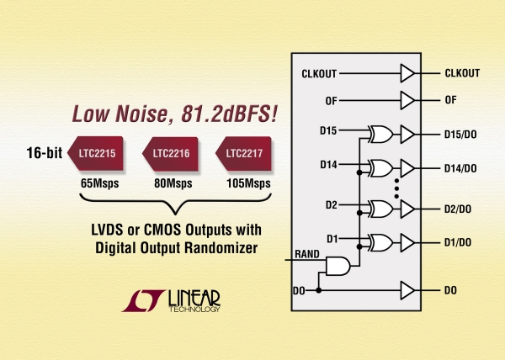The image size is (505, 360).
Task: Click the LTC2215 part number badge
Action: [x=96, y=153]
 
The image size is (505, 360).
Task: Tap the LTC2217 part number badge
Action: [x=243, y=153]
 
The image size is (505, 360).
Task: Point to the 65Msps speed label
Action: [x=98, y=183]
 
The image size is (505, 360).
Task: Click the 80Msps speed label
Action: [x=171, y=183]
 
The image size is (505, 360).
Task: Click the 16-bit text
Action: [x=40, y=153]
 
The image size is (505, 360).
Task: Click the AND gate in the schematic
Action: [x=337, y=265]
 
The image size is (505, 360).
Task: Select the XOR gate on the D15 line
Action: [x=380, y=134]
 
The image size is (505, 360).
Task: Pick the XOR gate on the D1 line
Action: [x=380, y=242]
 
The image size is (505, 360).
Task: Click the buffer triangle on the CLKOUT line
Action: [x=407, y=73]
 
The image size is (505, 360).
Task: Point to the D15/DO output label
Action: [x=463, y=134]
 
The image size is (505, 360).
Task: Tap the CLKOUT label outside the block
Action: [x=462, y=73]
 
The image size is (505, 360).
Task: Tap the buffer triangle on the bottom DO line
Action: [x=407, y=290]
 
